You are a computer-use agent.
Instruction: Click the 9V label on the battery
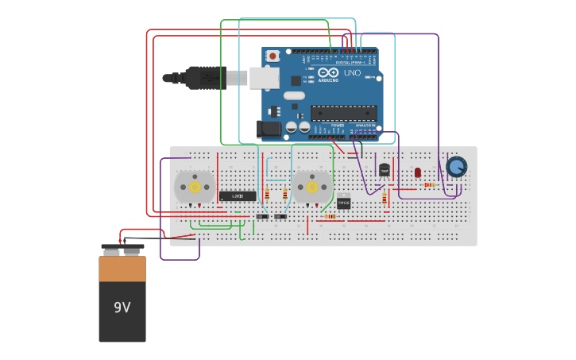pos(122,308)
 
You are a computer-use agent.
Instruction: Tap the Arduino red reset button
pos(273,56)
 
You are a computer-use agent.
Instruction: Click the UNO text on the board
pos(352,73)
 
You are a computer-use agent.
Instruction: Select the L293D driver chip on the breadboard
pos(238,196)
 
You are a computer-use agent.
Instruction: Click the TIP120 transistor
pos(343,202)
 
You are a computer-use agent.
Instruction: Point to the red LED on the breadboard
pos(418,172)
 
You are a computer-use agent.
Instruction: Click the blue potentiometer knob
pos(456,167)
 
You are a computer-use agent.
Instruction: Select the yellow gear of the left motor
pos(195,188)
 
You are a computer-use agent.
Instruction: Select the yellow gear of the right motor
pos(312,188)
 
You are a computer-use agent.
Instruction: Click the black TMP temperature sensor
pos(385,169)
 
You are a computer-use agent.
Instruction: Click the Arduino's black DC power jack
pos(270,128)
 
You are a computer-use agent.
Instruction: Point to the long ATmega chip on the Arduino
pos(343,113)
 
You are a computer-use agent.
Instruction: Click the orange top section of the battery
pos(122,269)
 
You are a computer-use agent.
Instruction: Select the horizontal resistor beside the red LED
pos(429,185)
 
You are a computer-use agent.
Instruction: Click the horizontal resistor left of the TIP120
pos(330,216)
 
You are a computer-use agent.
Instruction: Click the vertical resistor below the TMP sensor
pos(385,198)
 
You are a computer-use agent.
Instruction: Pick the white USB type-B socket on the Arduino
pos(264,78)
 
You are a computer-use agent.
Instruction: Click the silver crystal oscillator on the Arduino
pos(293,96)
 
